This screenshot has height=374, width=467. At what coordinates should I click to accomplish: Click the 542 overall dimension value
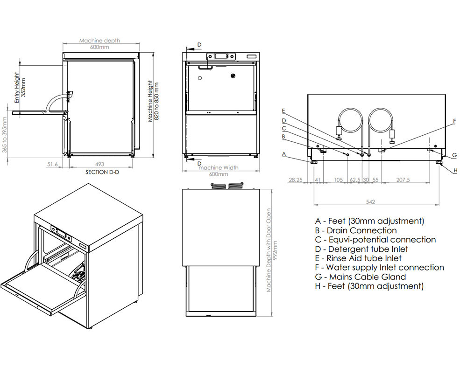(x=370, y=201)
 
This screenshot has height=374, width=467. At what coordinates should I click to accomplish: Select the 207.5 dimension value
(x=402, y=180)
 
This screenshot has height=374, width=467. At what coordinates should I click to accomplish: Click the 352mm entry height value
(x=24, y=87)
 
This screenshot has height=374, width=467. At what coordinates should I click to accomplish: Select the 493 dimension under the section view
(x=99, y=164)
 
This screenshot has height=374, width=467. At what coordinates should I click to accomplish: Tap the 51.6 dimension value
(x=52, y=164)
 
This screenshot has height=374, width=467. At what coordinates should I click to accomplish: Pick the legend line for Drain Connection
(x=356, y=230)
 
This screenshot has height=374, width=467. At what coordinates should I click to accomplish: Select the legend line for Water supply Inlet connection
(x=380, y=267)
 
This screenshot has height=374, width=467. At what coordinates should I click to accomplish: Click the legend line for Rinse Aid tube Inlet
(x=358, y=258)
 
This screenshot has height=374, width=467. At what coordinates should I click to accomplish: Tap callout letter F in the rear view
(x=454, y=121)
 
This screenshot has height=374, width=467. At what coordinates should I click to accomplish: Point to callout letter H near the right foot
(x=455, y=171)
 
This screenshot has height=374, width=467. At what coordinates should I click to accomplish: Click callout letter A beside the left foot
(x=283, y=153)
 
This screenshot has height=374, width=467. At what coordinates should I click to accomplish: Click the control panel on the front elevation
(x=221, y=56)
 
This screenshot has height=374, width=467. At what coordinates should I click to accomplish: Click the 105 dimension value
(x=339, y=180)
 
